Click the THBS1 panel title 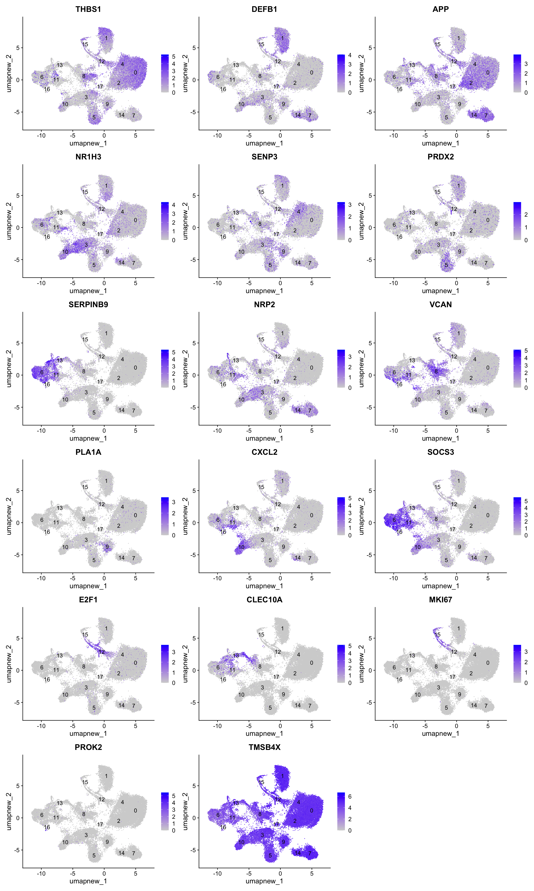click(x=88, y=9)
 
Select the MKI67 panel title click(x=440, y=600)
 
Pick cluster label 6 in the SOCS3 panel click(x=394, y=520)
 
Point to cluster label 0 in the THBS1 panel click(x=135, y=72)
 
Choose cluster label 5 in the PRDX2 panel click(x=446, y=265)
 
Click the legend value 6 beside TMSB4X click(x=350, y=796)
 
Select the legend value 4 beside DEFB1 click(x=350, y=55)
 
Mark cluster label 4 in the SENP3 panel click(x=298, y=212)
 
